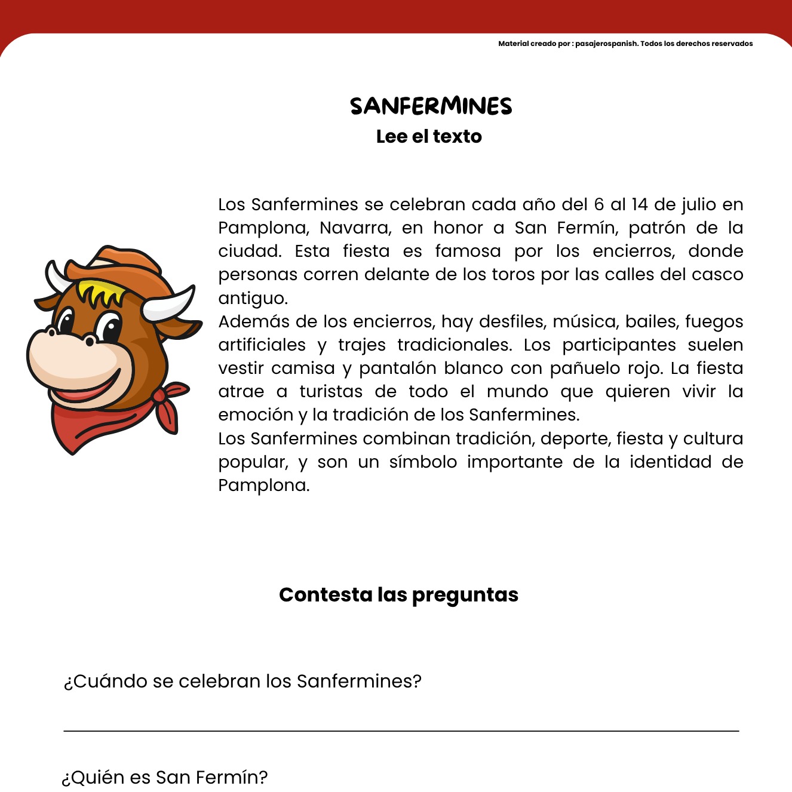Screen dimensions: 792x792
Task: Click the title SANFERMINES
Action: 431,106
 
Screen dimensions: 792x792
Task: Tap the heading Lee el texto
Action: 429,137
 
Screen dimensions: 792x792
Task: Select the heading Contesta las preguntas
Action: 398,595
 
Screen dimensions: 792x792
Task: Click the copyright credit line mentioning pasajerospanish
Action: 625,44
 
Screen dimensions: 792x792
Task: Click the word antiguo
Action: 253,298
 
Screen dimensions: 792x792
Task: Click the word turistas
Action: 331,391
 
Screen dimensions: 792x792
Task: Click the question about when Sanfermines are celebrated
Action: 242,681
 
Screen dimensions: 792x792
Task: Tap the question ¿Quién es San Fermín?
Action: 165,777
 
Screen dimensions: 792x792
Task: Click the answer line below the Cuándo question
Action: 401,730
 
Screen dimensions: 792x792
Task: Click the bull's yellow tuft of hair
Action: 102,292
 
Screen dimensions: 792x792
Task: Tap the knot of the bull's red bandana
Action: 159,396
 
